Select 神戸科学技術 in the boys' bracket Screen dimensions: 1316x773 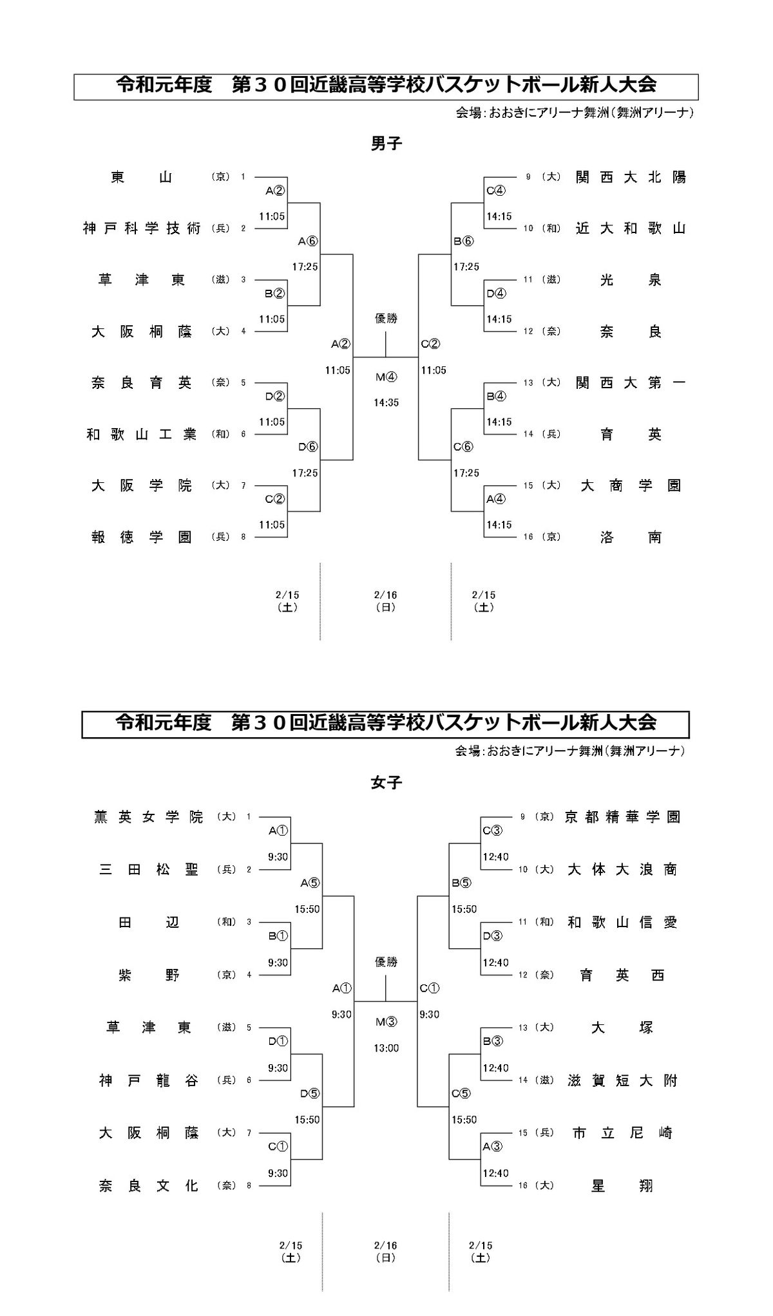[142, 229]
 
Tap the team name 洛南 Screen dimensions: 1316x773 [631, 537]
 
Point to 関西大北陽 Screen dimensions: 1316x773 [631, 177]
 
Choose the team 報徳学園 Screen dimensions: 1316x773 [142, 537]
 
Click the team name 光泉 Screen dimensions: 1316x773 [631, 280]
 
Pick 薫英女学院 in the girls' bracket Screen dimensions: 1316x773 [148, 817]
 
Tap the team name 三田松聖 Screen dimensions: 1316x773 [148, 870]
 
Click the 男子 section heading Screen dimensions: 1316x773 [386, 144]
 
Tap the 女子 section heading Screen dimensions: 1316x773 [386, 782]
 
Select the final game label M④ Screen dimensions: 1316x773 [386, 377]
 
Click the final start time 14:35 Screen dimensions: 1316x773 [386, 403]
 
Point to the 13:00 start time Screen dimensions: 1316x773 [386, 1048]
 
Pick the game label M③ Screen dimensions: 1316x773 [386, 1022]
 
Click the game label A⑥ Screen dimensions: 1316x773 [309, 241]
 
